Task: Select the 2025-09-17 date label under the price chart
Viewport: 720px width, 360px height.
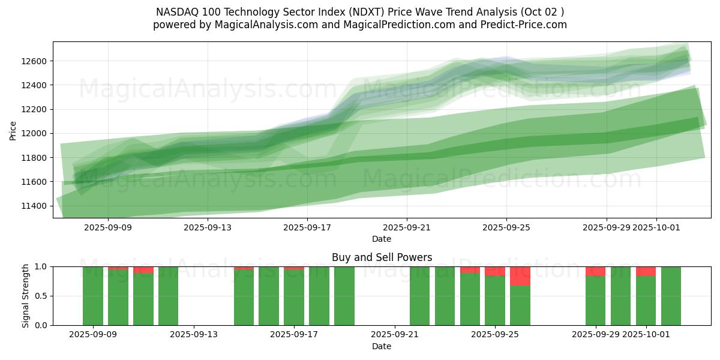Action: pyautogui.click(x=307, y=227)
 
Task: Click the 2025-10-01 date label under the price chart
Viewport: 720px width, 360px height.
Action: pyautogui.click(x=656, y=227)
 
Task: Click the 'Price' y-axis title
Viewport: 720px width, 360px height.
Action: pyautogui.click(x=13, y=130)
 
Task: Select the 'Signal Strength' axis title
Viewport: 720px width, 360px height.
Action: pyautogui.click(x=25, y=296)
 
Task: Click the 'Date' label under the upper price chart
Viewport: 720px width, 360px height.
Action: pyautogui.click(x=382, y=239)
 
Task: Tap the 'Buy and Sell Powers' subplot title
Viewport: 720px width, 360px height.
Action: pyautogui.click(x=382, y=257)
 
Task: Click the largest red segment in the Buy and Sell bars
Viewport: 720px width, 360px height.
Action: pyautogui.click(x=520, y=276)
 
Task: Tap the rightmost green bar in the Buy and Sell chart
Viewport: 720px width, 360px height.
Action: pyautogui.click(x=671, y=296)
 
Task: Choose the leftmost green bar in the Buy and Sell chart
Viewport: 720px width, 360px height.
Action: pyautogui.click(x=93, y=296)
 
